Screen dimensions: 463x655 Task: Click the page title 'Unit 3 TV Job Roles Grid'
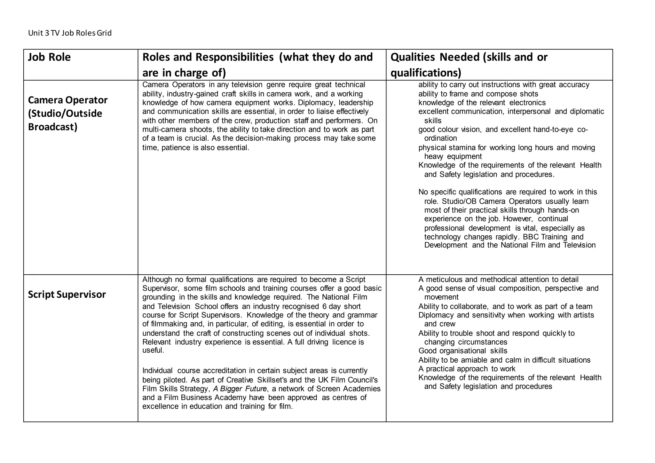[x=70, y=33]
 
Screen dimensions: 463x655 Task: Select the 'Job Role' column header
[x=49, y=57]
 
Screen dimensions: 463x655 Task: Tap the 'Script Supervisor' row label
[x=67, y=294]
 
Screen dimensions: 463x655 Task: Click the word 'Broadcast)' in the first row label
[x=53, y=127]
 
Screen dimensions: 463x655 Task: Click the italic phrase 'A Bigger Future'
[x=240, y=389]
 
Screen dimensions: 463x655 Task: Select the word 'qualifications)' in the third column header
[x=426, y=73]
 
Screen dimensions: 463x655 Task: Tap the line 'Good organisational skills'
[x=463, y=351]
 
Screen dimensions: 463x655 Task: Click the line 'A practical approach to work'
[x=467, y=369]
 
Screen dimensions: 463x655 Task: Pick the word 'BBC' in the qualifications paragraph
[x=531, y=237]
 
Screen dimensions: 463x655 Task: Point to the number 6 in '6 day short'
[x=324, y=306]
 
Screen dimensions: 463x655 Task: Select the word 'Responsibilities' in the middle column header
[x=234, y=57]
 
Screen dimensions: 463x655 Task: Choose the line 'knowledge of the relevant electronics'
[x=482, y=103]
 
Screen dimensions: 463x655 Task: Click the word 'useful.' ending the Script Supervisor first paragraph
[x=153, y=350]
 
